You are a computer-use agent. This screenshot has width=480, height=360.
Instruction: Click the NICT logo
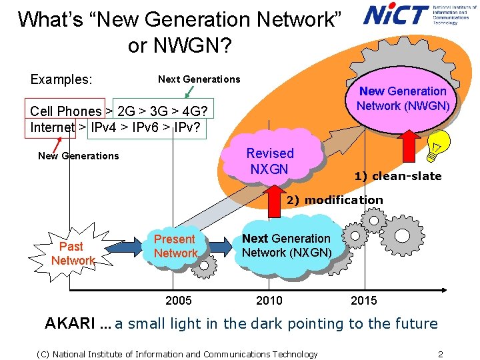pos(396,14)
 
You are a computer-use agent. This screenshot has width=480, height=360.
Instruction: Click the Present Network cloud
pos(175,246)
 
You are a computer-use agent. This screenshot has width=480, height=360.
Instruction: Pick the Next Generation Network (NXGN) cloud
pos(286,245)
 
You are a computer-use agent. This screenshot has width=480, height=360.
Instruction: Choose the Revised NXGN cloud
pos(270,161)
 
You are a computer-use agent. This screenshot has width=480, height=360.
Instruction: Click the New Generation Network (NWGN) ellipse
pos(403,99)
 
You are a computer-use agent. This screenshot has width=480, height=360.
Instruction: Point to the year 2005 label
pos(178,301)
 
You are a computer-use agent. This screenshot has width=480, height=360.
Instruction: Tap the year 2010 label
pos(269,301)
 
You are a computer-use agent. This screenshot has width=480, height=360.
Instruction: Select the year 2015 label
pos(363,301)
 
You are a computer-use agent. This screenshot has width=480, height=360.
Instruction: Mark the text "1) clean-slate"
pos(397,176)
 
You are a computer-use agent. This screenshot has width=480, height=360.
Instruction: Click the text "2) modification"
pos(335,200)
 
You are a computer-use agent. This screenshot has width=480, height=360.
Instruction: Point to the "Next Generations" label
pos(199,79)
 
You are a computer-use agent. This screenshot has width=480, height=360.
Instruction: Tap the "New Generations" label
pos(78,156)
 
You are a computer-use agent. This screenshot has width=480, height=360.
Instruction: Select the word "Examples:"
pos(61,79)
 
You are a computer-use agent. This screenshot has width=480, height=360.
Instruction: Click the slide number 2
pos(440,354)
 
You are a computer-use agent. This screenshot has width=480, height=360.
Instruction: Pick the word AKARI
pos(69,324)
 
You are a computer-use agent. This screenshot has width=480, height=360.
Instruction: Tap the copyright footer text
pos(177,354)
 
